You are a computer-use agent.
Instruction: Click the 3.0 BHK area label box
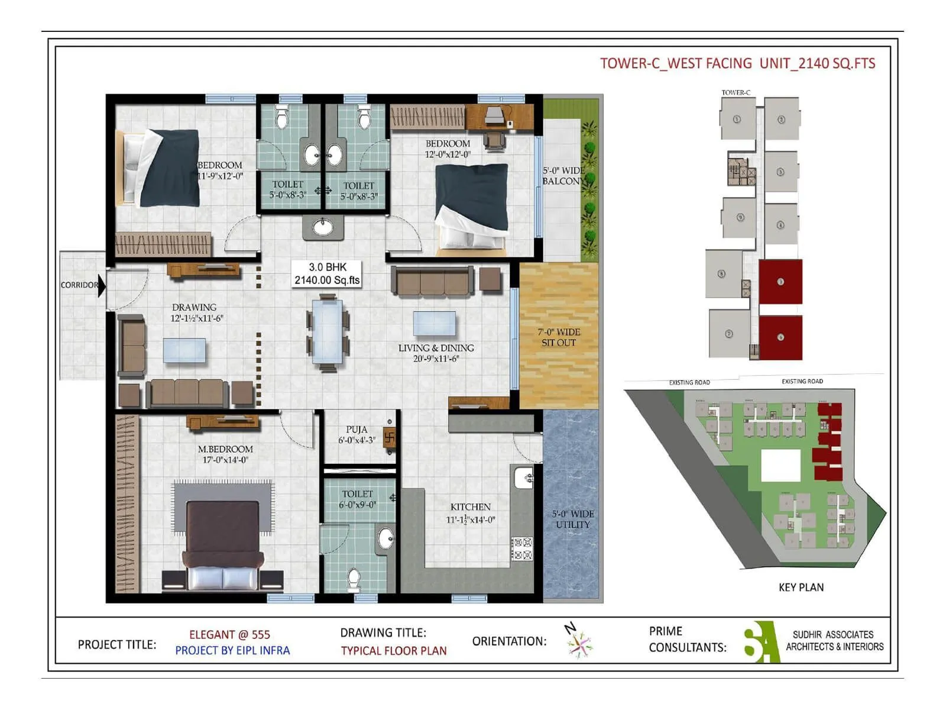coord(327,274)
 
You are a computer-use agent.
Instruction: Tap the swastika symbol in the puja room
coord(390,439)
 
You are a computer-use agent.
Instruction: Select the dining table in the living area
coord(327,331)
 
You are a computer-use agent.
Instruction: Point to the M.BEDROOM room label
coord(225,454)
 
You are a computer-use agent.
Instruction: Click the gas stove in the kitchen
coord(521,548)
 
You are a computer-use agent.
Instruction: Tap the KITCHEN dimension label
coord(470,519)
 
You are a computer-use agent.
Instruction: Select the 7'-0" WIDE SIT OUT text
coord(559,337)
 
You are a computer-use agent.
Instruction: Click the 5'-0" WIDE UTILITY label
coord(572,519)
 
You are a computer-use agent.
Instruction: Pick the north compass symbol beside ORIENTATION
coord(578,641)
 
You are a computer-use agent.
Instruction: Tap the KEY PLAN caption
coord(801,588)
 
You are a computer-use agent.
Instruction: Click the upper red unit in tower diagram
coord(780,282)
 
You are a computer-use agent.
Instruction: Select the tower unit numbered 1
coord(737,119)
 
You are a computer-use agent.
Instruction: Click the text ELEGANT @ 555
coord(229,635)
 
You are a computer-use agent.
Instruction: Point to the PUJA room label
coord(357,434)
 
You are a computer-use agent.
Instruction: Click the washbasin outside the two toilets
coord(323,227)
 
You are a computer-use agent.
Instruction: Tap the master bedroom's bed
coord(223,544)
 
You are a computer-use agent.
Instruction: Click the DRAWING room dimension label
coord(196,318)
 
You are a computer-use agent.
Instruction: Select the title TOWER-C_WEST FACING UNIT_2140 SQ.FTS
coord(737,63)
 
